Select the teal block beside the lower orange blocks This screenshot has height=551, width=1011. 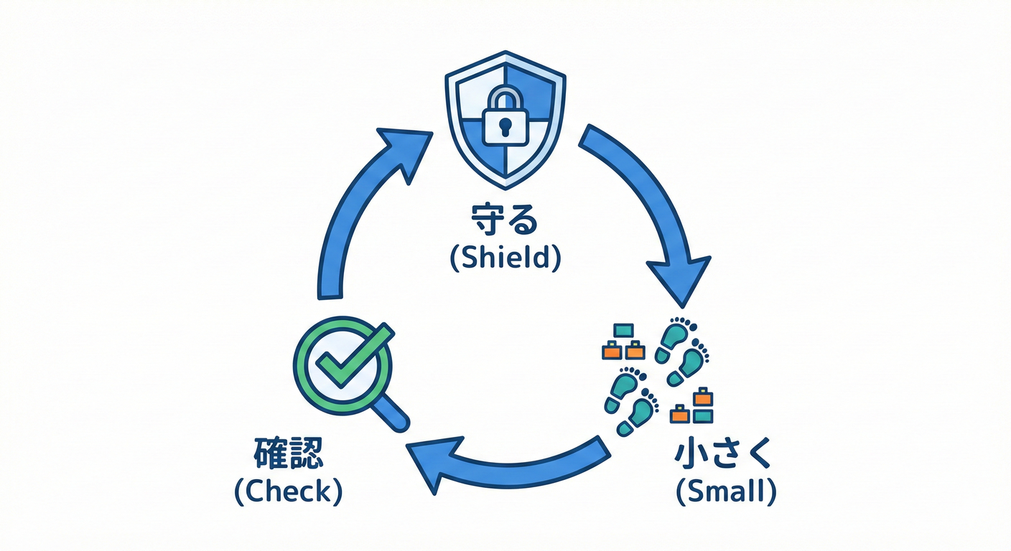tap(703, 415)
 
